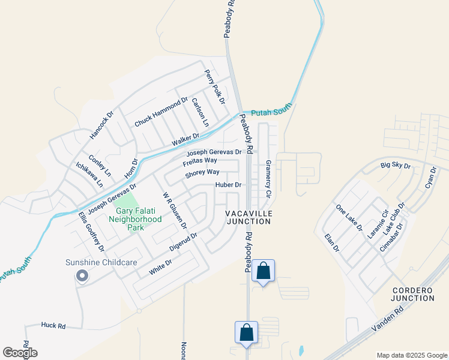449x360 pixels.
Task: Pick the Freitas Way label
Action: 200,161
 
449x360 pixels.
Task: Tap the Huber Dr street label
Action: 228,185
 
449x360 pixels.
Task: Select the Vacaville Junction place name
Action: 249,217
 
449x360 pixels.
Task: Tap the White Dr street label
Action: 160,267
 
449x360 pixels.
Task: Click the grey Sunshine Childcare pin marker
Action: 82,275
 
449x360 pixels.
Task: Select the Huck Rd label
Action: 53,325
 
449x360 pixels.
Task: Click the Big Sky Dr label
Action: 396,165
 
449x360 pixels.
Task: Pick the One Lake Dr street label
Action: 349,218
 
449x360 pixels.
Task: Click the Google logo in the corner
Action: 20,352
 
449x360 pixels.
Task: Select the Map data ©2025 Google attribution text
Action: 411,355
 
